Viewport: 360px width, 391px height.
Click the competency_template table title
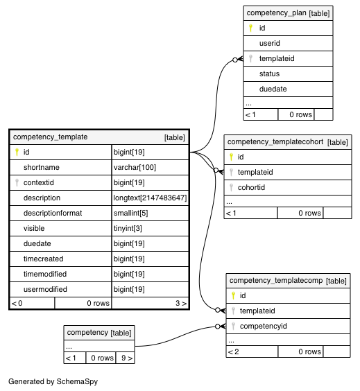[50, 137]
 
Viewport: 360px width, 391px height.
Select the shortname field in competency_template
[42, 167]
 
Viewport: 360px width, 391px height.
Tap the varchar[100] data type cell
[135, 167]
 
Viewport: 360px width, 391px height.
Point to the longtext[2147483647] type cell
[150, 198]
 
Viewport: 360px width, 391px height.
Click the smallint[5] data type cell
[130, 213]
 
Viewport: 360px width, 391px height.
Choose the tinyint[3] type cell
[128, 228]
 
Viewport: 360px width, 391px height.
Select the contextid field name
[39, 182]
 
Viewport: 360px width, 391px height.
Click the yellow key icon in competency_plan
[250, 28]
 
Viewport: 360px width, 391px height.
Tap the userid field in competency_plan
[269, 43]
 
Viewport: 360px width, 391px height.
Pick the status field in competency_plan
[269, 73]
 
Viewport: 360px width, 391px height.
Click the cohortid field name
[251, 187]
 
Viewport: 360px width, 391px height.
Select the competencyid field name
[263, 326]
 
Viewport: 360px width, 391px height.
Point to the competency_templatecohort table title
[275, 142]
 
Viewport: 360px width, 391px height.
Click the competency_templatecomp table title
[276, 281]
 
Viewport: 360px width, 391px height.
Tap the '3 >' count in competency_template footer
[181, 303]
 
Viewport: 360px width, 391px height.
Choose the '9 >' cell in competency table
[127, 358]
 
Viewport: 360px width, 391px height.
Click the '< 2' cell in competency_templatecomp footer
[234, 351]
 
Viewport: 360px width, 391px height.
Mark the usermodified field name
[45, 289]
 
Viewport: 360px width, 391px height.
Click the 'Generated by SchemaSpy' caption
[53, 381]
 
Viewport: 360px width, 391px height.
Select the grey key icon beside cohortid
[231, 187]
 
